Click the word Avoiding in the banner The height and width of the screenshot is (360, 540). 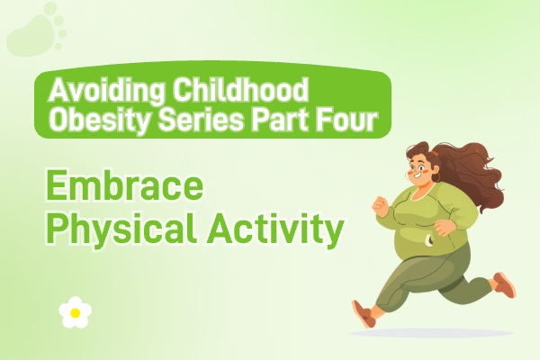pos(107,91)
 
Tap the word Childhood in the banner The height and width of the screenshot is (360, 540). pos(240,89)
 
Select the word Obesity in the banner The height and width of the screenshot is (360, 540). pos(100,121)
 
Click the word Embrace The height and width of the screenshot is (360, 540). pos(125,185)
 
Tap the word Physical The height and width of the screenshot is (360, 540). pos(121,229)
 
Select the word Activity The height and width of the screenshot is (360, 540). pos(274,229)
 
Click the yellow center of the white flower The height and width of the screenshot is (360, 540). pos(75,313)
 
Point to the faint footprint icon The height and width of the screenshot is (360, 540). pos(37,30)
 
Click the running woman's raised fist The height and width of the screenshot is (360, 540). pos(380,206)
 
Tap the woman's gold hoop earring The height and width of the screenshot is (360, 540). pos(436,178)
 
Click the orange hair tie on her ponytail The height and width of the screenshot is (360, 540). pos(434,153)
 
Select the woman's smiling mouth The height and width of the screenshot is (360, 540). pos(418,175)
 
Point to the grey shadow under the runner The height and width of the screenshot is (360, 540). pos(432,333)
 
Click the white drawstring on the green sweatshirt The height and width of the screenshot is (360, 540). pos(428,239)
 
